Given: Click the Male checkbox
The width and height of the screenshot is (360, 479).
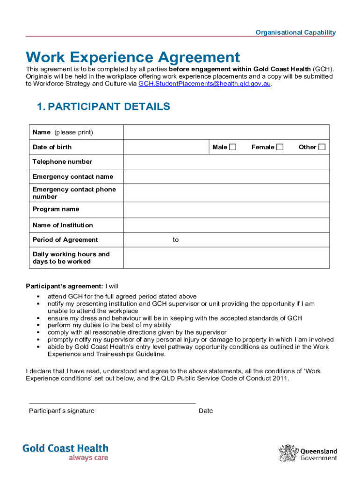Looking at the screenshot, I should click(232, 147).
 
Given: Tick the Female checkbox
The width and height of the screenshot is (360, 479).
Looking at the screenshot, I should click(280, 147).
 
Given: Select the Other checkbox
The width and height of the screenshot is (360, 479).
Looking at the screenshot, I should click(322, 147).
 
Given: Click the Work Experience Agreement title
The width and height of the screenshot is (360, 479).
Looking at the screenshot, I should click(133, 58).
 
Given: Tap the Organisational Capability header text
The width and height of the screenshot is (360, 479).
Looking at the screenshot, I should click(295, 32).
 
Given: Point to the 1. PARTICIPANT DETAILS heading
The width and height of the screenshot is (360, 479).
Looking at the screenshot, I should click(103, 107).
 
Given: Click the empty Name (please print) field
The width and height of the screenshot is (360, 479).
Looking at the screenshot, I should click(226, 132).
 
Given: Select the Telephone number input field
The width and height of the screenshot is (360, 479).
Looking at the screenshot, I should click(226, 162).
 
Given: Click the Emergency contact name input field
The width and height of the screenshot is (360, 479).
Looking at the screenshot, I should click(226, 177).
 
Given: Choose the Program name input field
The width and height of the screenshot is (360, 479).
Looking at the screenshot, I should click(226, 209).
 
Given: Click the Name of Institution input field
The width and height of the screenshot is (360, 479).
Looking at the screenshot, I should click(226, 225).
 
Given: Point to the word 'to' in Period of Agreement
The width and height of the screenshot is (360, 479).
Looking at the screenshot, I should click(175, 240).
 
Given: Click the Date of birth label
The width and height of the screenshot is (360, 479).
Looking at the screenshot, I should click(52, 147).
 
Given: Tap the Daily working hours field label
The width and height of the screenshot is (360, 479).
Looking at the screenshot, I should click(71, 258).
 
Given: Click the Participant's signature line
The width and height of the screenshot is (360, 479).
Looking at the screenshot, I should click(112, 403).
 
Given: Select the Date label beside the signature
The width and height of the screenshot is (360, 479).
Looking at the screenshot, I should click(206, 411).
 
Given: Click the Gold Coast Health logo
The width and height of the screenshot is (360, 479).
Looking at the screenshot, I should click(65, 452).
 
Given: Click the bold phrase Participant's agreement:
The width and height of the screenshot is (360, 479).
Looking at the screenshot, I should click(64, 286).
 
